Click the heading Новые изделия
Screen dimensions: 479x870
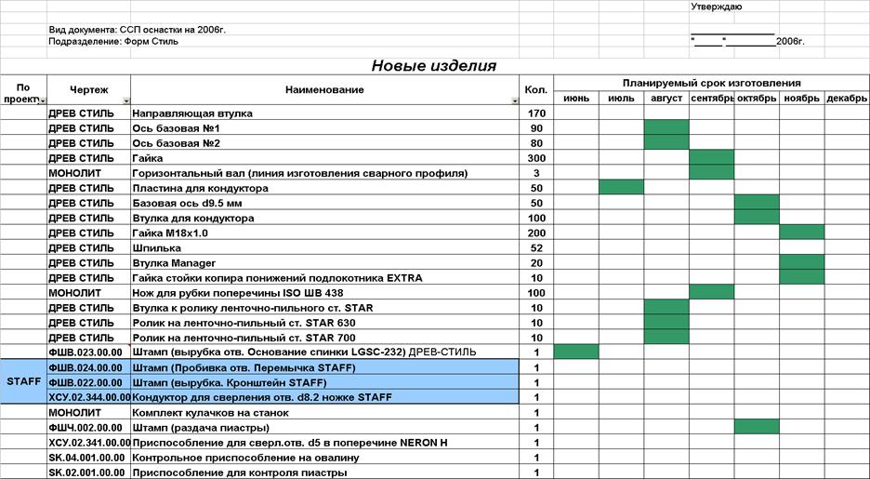(433, 66)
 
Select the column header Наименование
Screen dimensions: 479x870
(324, 90)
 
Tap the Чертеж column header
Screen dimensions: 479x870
(88, 90)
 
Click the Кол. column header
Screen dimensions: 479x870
(535, 90)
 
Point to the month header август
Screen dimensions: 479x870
(666, 99)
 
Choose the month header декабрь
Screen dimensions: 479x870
(847, 99)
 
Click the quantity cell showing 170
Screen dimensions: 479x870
(535, 113)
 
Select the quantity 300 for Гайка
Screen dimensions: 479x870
(535, 158)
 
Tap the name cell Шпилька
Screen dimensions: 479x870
(157, 248)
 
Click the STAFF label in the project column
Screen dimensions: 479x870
(23, 382)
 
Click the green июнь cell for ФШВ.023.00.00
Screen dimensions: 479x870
(576, 352)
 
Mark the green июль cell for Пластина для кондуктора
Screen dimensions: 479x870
(621, 188)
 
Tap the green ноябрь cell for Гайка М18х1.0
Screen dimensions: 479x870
(801, 233)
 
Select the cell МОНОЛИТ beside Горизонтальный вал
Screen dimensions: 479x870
(81, 173)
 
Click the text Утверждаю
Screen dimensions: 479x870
(716, 7)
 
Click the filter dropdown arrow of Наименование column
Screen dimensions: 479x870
(515, 100)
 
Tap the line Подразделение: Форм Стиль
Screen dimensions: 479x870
(113, 42)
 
